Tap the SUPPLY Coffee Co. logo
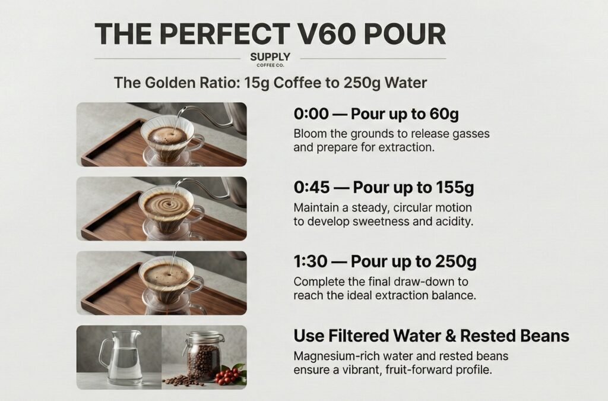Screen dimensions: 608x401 [x=270, y=59]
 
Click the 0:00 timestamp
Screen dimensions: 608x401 [x=311, y=114]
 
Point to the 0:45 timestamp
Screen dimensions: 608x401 [x=312, y=188]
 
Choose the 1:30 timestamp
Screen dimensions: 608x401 [x=310, y=261]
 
